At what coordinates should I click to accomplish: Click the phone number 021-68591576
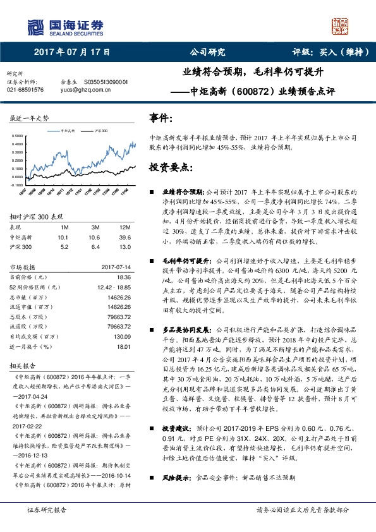(x=25, y=90)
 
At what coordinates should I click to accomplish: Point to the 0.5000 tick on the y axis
(x=17, y=135)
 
